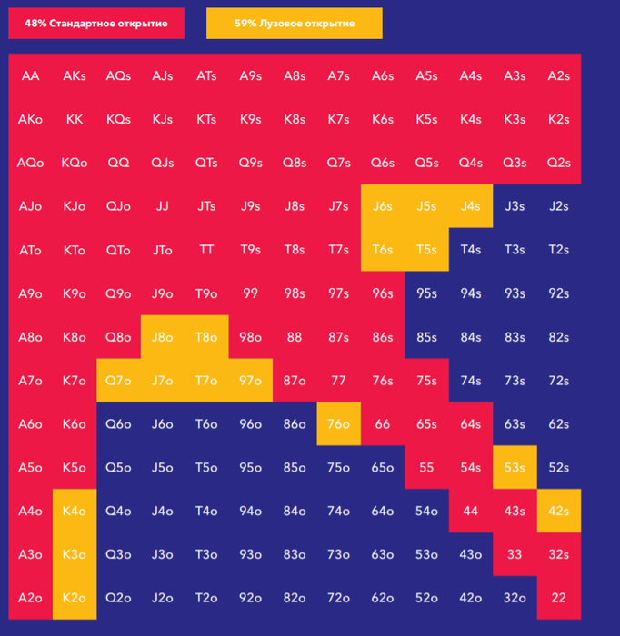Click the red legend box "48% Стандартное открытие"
(x=96, y=24)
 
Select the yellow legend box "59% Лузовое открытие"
(x=294, y=24)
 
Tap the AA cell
(x=30, y=75)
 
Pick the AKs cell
(x=75, y=75)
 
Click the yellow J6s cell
(x=383, y=206)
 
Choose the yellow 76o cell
(x=338, y=424)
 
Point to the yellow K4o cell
(x=75, y=512)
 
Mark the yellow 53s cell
(x=515, y=468)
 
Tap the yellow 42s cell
(x=558, y=512)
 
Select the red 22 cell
(x=558, y=599)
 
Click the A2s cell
(x=558, y=75)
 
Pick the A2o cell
(x=30, y=599)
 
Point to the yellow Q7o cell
(x=118, y=381)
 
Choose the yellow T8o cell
(x=206, y=337)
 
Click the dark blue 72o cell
(x=338, y=599)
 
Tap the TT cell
(x=206, y=250)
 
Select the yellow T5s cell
(x=426, y=250)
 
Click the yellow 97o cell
(x=250, y=381)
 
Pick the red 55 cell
(x=426, y=468)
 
